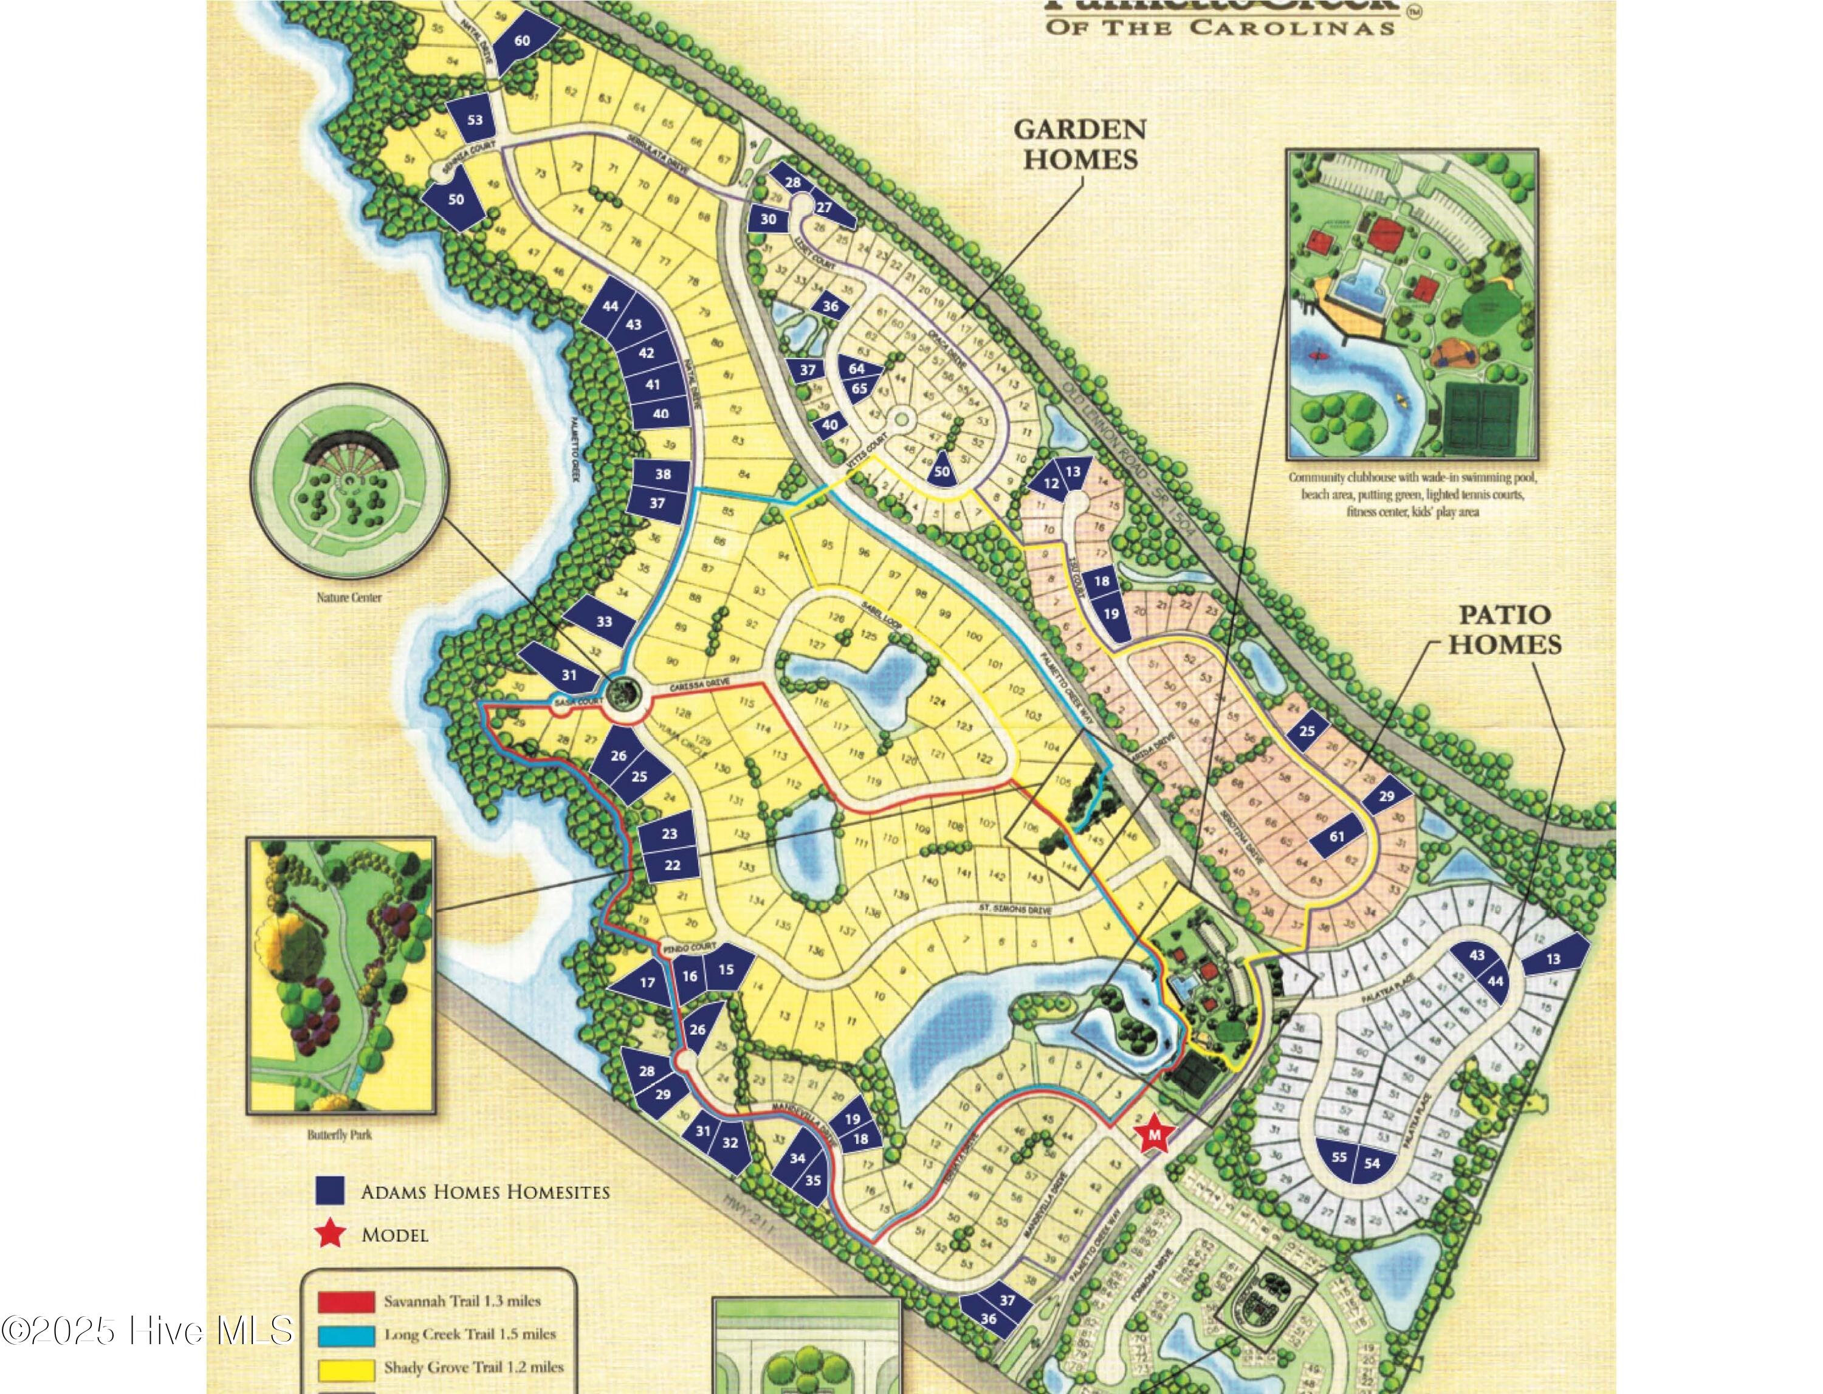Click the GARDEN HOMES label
pos(1080,143)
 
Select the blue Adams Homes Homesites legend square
pos(329,1190)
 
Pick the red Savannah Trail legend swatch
pos(345,1301)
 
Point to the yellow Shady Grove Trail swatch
pos(345,1367)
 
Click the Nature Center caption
pos(349,597)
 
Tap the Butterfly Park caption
pos(339,1135)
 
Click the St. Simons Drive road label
pos(1014,910)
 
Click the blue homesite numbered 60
pos(522,41)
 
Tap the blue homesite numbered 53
pos(475,120)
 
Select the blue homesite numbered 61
pos(1337,836)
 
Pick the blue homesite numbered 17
pos(647,983)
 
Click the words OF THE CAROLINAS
pos(1220,27)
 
